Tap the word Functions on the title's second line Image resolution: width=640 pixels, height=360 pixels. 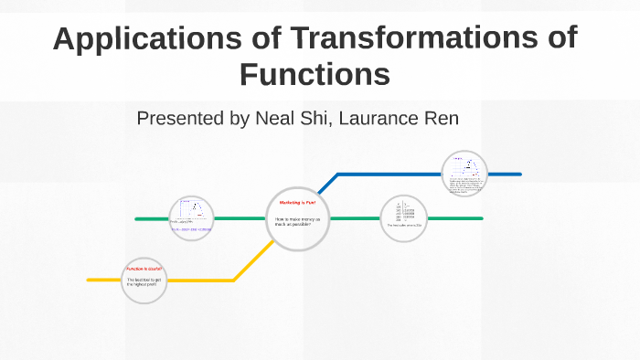[x=315, y=74]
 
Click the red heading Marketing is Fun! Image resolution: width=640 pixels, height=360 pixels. [x=296, y=202]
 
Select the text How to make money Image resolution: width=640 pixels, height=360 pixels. [x=295, y=222]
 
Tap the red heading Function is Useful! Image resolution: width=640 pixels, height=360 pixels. [x=144, y=270]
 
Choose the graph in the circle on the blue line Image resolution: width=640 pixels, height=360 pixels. [x=467, y=167]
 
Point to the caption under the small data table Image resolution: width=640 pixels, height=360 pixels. [x=403, y=226]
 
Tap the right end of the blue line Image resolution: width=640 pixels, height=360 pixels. [x=518, y=174]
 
